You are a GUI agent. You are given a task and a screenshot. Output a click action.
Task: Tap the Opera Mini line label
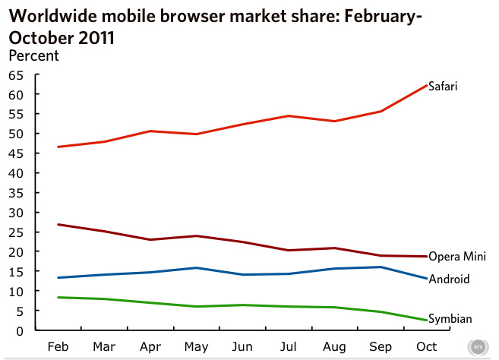point(456,257)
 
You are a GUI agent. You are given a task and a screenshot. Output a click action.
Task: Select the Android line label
point(449,279)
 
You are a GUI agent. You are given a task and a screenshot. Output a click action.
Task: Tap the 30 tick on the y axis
point(16,212)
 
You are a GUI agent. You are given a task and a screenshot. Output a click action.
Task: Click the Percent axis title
point(33,55)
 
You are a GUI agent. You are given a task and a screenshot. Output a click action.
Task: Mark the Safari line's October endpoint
point(426,84)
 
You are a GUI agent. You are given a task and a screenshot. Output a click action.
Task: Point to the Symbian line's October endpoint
point(426,320)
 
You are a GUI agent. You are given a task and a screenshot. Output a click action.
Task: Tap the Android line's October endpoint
point(426,279)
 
